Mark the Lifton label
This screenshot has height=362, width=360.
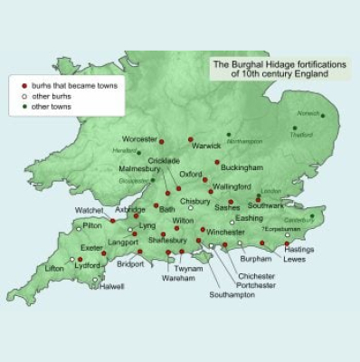coord(54,269)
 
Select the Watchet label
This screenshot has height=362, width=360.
coord(89,211)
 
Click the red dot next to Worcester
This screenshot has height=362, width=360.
coord(162,142)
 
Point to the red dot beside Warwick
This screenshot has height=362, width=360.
coord(191,139)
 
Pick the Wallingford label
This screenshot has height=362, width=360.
coord(240,191)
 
